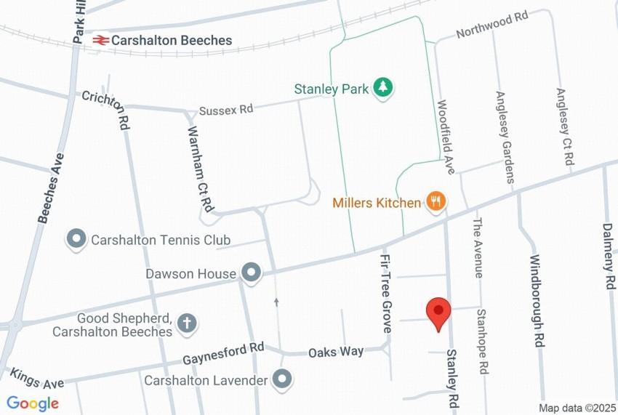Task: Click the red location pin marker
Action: [438, 313]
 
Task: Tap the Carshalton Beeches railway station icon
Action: [100, 41]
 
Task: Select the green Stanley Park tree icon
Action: [383, 89]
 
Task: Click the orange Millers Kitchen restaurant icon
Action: [436, 202]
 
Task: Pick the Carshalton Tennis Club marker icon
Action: [76, 239]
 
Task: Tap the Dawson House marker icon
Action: [251, 273]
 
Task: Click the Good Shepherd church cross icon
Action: [188, 323]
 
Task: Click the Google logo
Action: [33, 403]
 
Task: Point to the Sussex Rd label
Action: [225, 110]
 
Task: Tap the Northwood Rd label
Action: [491, 25]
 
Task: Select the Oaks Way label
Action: [335, 352]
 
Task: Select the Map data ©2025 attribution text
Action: [577, 408]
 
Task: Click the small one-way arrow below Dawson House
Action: [276, 300]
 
